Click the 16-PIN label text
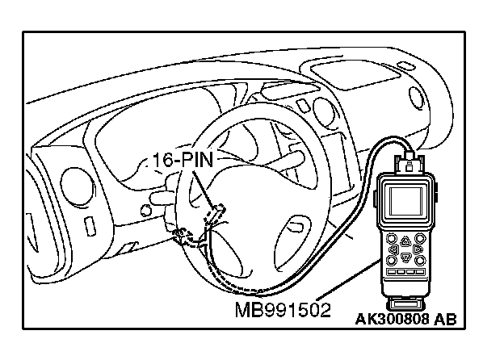tap(182, 158)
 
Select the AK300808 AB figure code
tap(405, 319)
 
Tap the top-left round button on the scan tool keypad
tap(391, 239)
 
